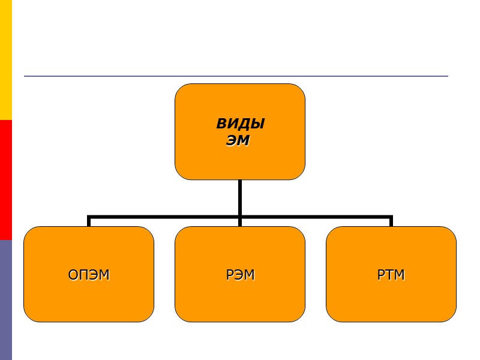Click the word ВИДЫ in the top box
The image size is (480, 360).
point(240,124)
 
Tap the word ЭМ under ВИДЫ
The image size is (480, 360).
point(237,141)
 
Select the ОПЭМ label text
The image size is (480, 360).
point(89,275)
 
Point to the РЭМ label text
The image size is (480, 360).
point(240,275)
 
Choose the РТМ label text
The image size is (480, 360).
point(391,275)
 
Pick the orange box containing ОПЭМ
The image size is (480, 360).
point(89,300)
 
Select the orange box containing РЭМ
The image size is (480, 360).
point(240,300)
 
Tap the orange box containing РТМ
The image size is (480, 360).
point(391,300)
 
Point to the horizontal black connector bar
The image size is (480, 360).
point(162,217)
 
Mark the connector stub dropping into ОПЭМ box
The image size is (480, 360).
point(89,221)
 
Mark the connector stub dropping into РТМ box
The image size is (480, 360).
point(391,221)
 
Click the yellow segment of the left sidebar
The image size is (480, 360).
point(6,60)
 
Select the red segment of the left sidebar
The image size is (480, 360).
point(6,180)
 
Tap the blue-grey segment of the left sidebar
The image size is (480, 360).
point(6,300)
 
